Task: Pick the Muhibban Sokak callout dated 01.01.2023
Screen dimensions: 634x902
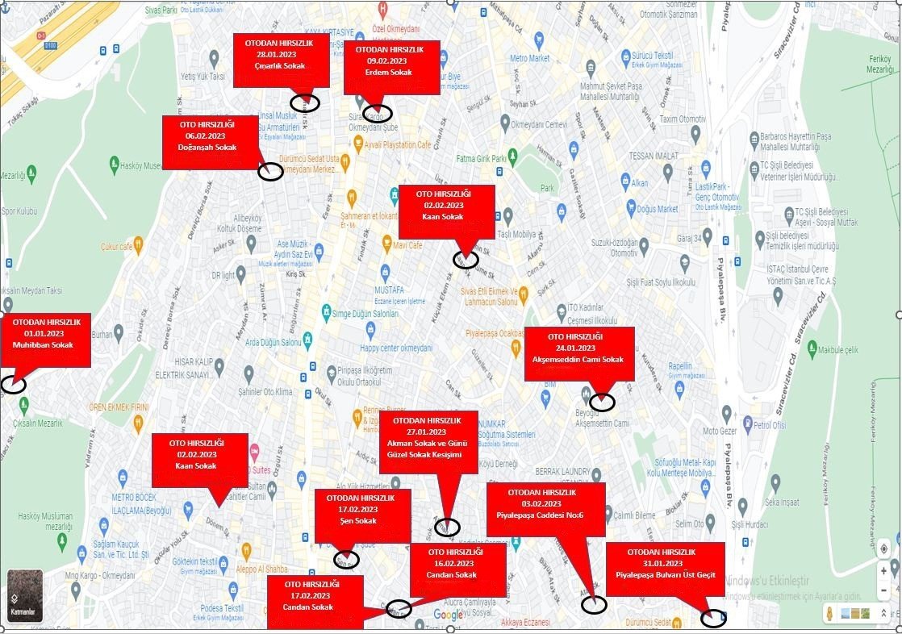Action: (45, 340)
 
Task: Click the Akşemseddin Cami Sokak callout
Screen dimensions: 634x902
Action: (579, 352)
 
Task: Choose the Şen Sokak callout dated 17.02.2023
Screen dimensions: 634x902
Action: (362, 515)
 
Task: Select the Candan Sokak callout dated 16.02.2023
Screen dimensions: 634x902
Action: (457, 569)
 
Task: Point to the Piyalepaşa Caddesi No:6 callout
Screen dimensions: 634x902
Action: (545, 508)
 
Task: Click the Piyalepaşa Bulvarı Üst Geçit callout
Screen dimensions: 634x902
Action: (665, 569)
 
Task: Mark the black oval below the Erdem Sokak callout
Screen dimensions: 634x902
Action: (378, 114)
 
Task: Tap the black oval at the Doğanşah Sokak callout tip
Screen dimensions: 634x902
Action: (270, 171)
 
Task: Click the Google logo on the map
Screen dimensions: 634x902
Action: (449, 615)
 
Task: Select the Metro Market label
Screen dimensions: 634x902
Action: (529, 59)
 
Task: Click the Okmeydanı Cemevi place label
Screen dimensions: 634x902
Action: (540, 124)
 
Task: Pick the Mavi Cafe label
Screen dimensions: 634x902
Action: (408, 244)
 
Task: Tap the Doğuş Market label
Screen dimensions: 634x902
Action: (657, 209)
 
